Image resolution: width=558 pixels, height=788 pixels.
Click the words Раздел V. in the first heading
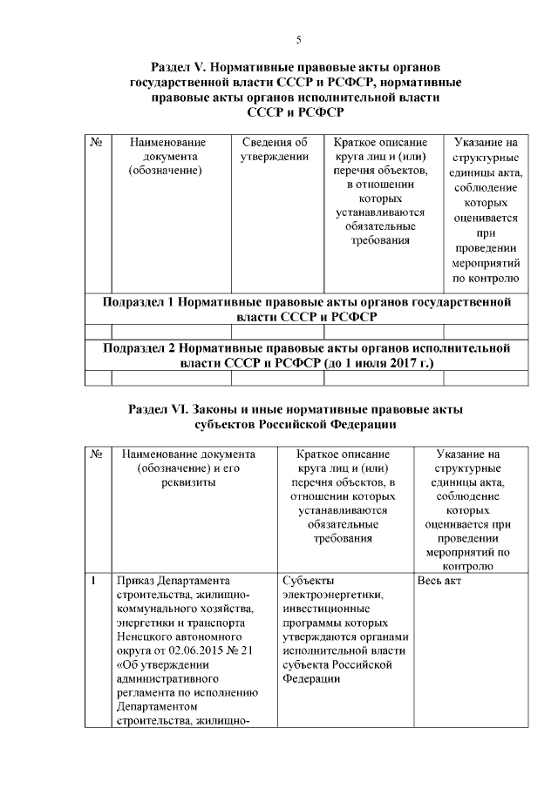pyautogui.click(x=180, y=67)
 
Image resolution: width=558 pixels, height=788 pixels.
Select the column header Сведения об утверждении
pyautogui.click(x=276, y=149)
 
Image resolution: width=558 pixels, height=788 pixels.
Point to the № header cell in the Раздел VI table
pyautogui.click(x=99, y=455)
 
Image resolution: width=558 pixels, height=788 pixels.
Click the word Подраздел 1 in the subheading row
pyautogui.click(x=139, y=302)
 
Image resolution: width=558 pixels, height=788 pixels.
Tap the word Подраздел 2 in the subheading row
pyautogui.click(x=139, y=348)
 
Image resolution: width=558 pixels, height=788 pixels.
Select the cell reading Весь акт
pyautogui.click(x=439, y=581)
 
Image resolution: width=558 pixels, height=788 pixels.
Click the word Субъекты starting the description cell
pyautogui.click(x=308, y=581)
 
